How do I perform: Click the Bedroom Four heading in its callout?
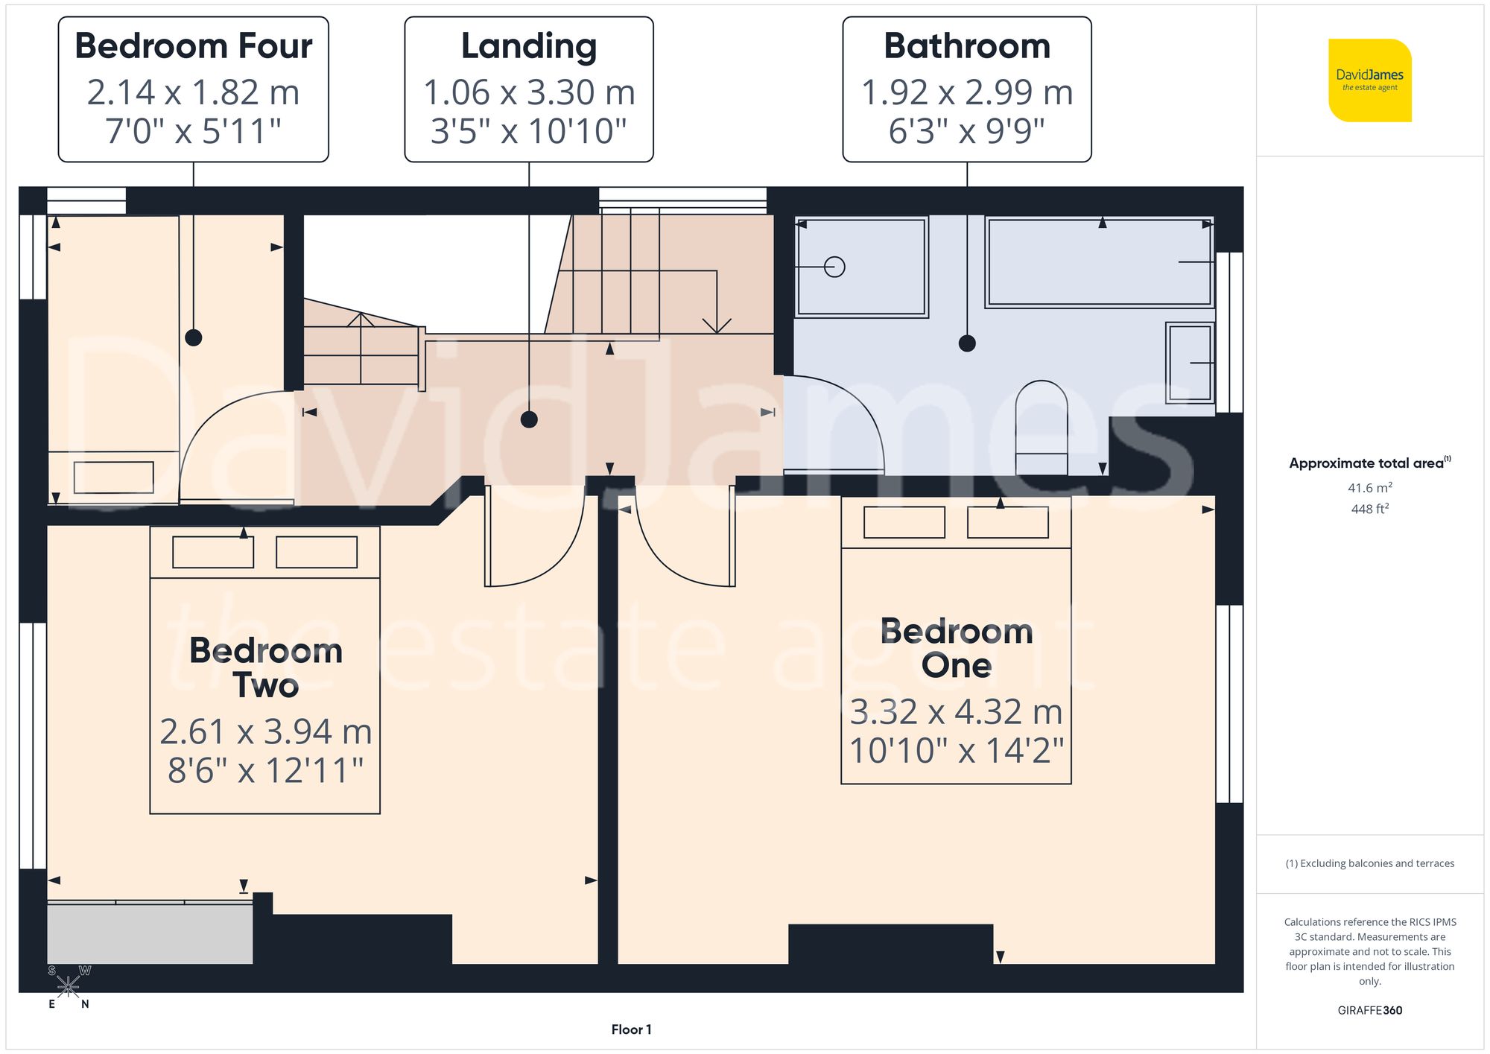[193, 46]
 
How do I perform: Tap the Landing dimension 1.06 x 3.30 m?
[529, 92]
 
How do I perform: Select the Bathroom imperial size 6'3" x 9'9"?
[966, 131]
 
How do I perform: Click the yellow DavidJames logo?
[1369, 80]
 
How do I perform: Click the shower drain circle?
[834, 267]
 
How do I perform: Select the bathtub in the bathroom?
[1099, 261]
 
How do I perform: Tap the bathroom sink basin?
[1190, 363]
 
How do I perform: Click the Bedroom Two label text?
[266, 667]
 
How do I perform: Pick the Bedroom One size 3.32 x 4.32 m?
[956, 711]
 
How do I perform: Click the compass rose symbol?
[68, 987]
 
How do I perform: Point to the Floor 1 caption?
[631, 1029]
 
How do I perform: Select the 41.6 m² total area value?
[1369, 488]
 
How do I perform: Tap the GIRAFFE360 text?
[1369, 1011]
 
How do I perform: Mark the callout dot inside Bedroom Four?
[193, 337]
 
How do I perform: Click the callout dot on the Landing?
[529, 419]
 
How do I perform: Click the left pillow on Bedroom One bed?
[904, 522]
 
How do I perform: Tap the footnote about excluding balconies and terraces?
[1369, 863]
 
